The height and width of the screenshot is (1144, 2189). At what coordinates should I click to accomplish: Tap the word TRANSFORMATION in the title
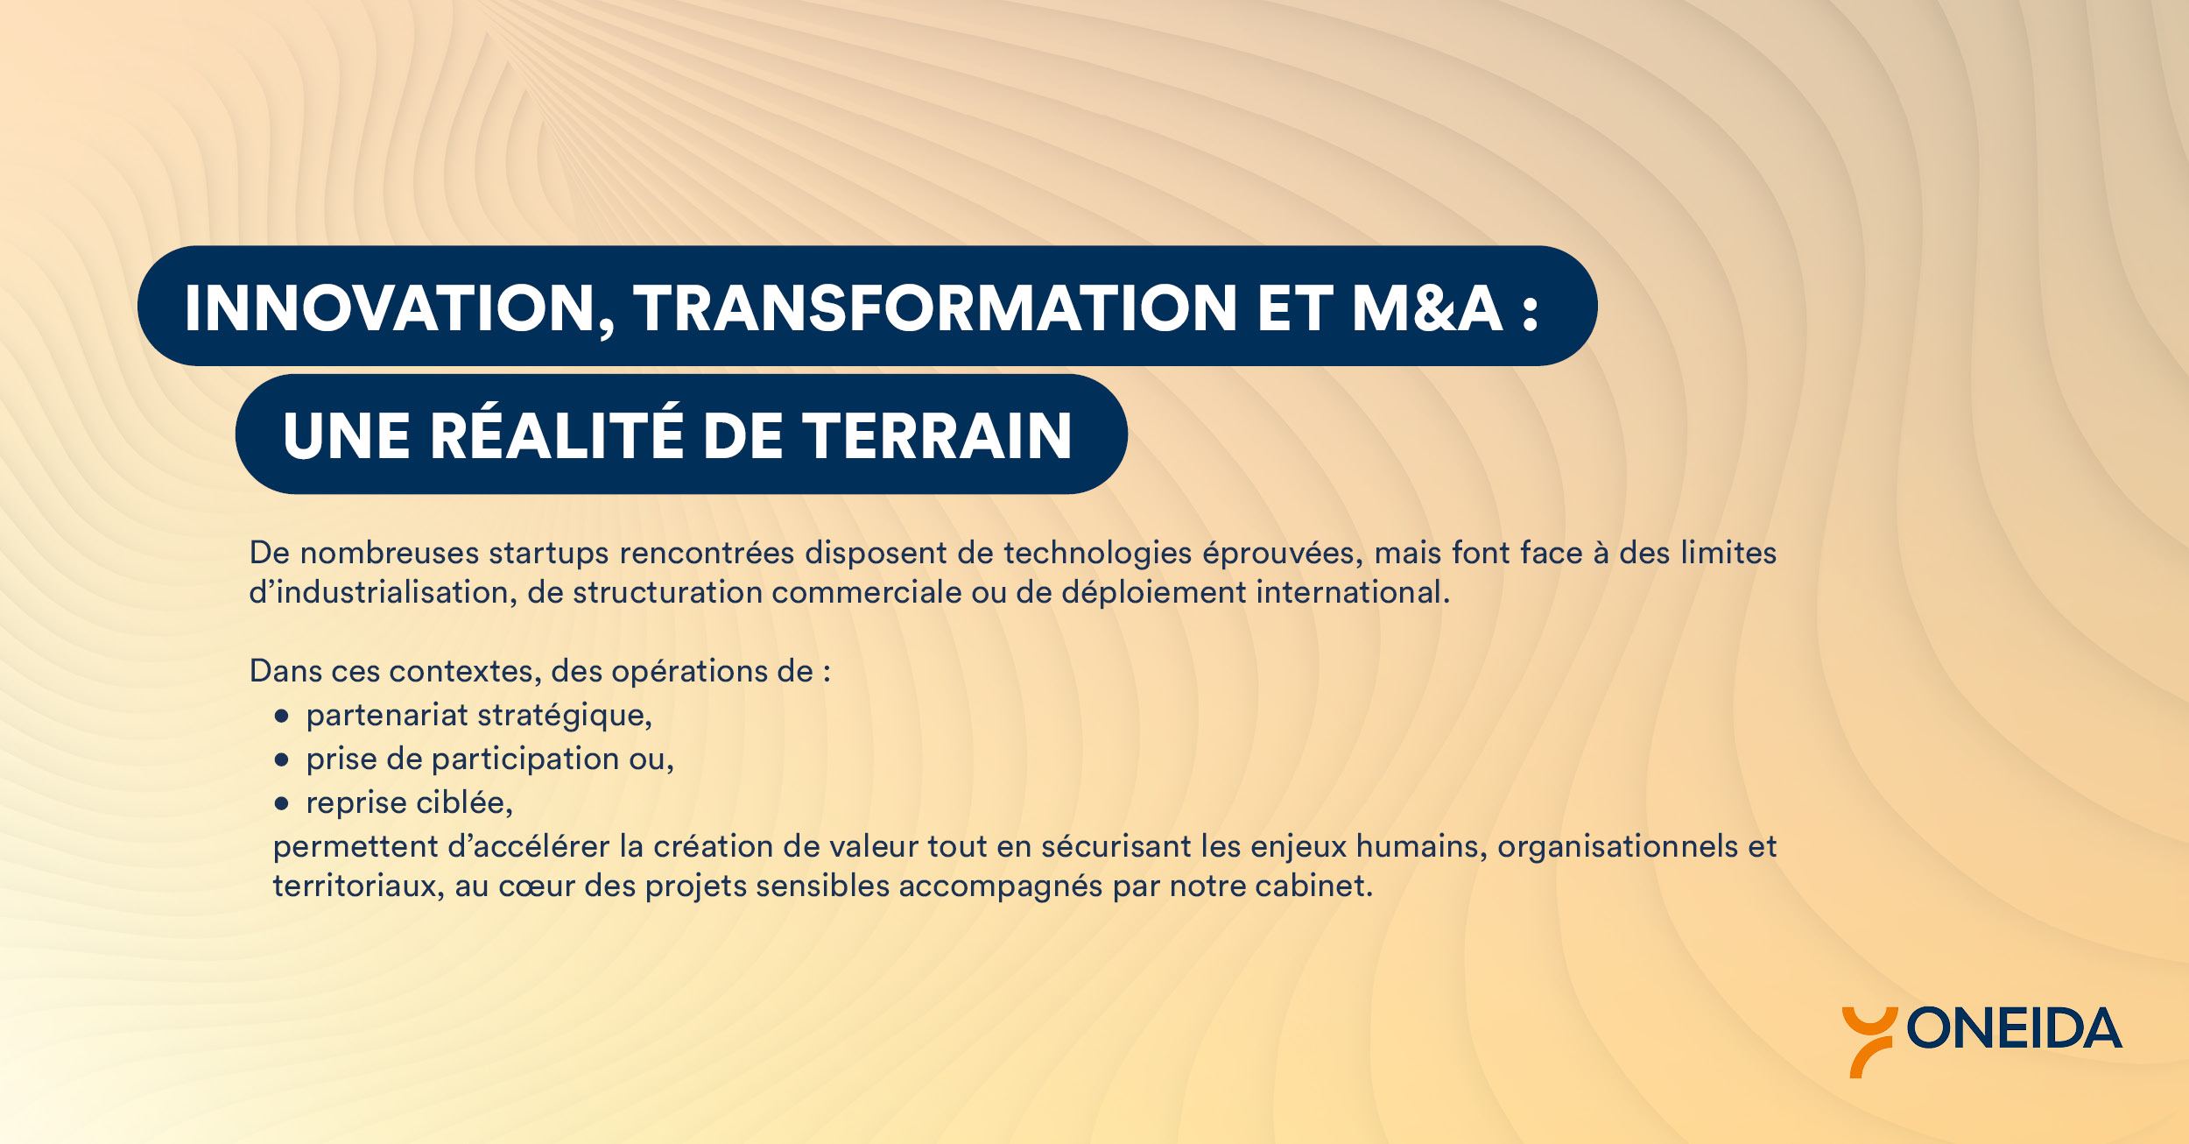pos(935,308)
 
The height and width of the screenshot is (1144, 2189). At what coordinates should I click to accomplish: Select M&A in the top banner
pos(1427,308)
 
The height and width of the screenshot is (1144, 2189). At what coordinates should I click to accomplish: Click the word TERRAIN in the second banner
pos(937,435)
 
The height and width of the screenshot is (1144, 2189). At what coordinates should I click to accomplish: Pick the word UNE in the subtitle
pos(347,435)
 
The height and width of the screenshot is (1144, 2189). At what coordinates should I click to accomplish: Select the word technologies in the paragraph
pos(1098,554)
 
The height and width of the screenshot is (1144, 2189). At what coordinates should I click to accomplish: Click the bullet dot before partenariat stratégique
pos(281,717)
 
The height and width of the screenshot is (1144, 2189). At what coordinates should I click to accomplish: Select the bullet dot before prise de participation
pos(281,760)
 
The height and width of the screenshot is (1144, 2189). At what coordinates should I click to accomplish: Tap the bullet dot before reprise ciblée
pos(281,803)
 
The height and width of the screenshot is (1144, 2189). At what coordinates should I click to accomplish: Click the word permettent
pos(355,847)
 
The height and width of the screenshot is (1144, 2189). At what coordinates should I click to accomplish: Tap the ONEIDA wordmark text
pos(2014,1028)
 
